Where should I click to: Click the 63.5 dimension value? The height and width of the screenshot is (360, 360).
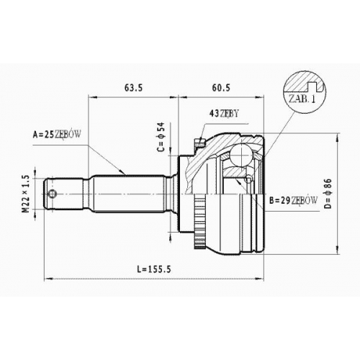134,88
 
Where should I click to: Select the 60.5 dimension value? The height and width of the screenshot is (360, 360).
221,88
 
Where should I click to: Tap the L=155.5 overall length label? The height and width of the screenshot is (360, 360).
154,269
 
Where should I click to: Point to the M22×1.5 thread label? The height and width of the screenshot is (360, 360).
26,194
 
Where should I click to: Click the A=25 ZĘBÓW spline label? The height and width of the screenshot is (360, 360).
57,135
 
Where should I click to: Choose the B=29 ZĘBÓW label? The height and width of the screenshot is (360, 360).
293,200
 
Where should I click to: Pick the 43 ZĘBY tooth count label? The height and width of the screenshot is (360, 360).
224,113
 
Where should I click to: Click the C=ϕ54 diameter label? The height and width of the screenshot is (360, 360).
161,137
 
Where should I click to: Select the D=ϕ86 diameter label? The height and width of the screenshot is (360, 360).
328,194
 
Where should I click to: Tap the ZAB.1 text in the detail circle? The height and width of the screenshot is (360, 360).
302,99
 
